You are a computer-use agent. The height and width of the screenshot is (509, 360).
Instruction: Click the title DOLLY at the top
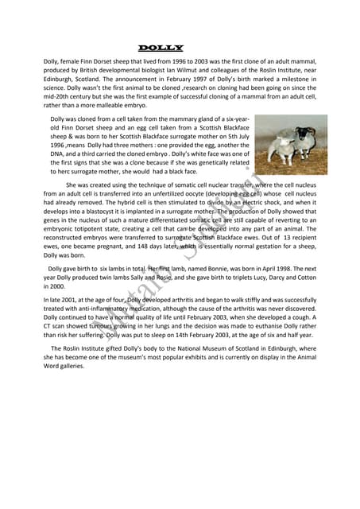161,49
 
